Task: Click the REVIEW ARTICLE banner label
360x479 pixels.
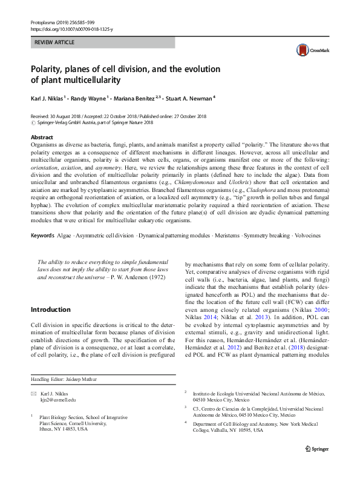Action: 54,42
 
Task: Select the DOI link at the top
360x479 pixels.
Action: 71,29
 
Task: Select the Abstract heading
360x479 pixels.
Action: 42,137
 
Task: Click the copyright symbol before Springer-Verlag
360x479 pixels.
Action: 33,122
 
